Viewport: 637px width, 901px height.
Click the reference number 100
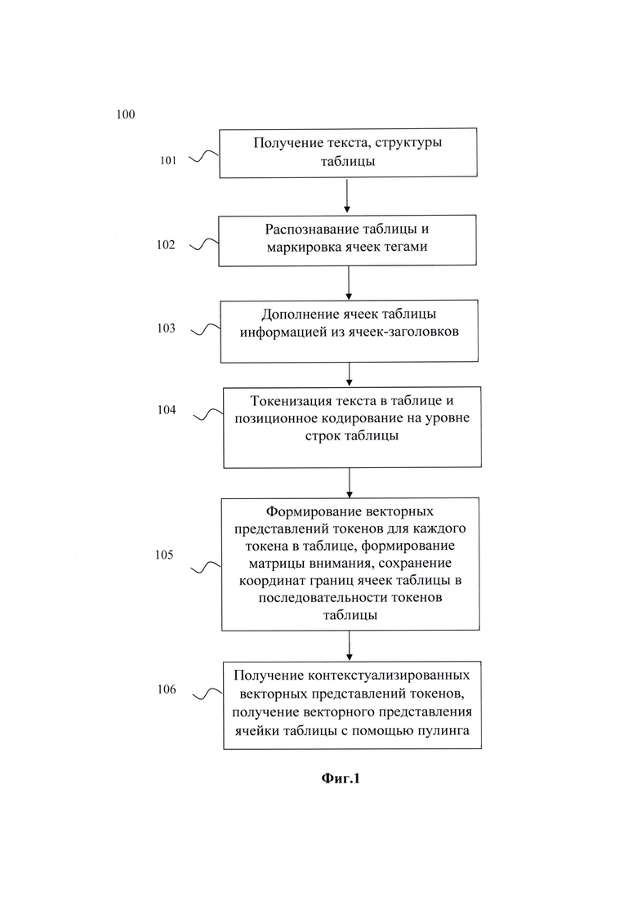pyautogui.click(x=125, y=114)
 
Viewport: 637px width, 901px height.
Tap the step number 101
pyautogui.click(x=167, y=160)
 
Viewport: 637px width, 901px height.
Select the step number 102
pyautogui.click(x=166, y=245)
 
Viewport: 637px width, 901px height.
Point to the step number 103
pyautogui.click(x=166, y=328)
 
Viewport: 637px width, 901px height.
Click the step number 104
pyautogui.click(x=167, y=410)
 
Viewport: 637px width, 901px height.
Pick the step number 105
pyautogui.click(x=163, y=555)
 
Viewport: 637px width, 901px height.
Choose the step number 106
pyautogui.click(x=167, y=689)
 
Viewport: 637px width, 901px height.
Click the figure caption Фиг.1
pyautogui.click(x=340, y=778)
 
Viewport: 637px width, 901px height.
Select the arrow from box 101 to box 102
pyautogui.click(x=347, y=195)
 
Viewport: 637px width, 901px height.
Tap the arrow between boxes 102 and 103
pyautogui.click(x=349, y=283)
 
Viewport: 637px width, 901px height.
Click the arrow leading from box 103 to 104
pyautogui.click(x=350, y=374)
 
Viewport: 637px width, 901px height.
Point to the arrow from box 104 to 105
pyautogui.click(x=350, y=483)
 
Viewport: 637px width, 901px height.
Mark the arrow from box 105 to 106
pyautogui.click(x=350, y=646)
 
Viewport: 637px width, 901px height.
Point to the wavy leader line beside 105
pyautogui.click(x=206, y=568)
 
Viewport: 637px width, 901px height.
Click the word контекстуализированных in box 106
pyautogui.click(x=389, y=676)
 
